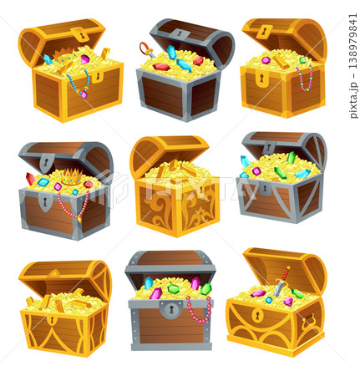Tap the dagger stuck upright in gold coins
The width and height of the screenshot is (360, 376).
coord(281,282)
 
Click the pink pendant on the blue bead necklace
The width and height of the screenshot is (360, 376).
coord(84,94)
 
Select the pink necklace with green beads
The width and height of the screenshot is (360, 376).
coord(305,79)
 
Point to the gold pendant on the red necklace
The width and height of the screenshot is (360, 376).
coord(79,220)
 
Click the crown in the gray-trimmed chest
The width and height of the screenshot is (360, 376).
coord(72,177)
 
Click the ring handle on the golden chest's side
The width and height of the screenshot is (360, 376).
coord(309,320)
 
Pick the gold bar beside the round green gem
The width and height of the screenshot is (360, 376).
coord(281,62)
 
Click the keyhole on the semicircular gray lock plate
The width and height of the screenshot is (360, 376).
coord(171,308)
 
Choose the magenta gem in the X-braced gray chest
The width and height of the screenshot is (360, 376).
coord(256,170)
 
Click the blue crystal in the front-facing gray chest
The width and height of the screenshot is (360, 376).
coord(149,282)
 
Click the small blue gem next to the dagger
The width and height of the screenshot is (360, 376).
coord(269,300)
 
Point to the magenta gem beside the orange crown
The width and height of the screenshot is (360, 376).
coord(85,59)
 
